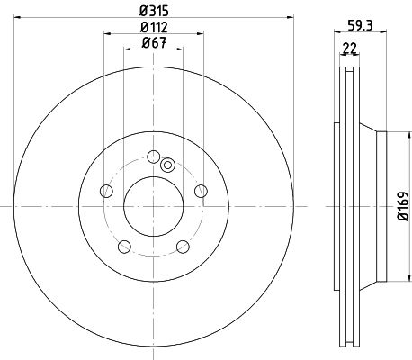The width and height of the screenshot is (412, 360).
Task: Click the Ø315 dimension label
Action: pos(154,11)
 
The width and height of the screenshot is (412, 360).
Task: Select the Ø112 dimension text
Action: pos(154,28)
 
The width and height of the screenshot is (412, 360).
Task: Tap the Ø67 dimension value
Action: pos(154,43)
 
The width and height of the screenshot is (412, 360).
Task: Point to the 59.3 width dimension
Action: pos(360,25)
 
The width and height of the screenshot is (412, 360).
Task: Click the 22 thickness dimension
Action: pos(349,48)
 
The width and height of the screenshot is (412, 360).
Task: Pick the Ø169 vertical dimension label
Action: pos(404,206)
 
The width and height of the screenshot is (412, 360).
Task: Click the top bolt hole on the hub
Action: pos(154,157)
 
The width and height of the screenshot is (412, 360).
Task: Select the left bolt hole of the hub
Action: pos(106,191)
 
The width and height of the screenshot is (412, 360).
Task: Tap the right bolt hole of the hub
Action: pos(201,191)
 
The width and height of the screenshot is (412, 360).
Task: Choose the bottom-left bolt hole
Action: pos(124,247)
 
